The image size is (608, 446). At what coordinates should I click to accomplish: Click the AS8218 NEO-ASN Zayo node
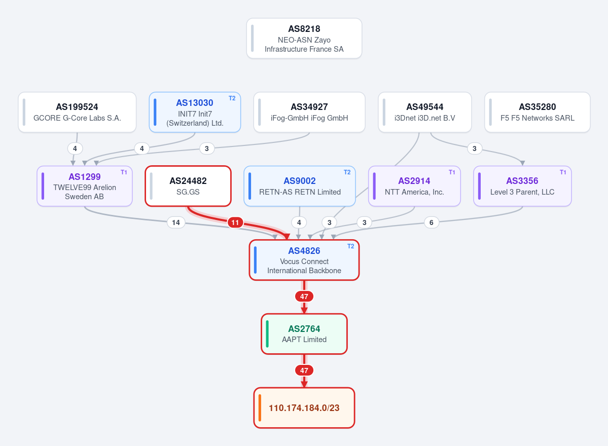(x=304, y=39)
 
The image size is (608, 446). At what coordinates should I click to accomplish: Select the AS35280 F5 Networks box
(x=537, y=113)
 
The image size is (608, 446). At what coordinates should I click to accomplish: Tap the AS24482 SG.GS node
(x=188, y=187)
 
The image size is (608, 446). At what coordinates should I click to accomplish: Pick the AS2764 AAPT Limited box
(x=304, y=334)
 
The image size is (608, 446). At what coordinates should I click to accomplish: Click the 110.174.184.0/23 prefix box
(x=304, y=408)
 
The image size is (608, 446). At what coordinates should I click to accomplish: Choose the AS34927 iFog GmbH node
(x=309, y=113)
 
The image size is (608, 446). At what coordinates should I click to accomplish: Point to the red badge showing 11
(x=235, y=222)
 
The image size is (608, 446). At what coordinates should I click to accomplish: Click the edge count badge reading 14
(x=175, y=222)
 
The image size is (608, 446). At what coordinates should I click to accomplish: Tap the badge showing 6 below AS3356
(x=431, y=222)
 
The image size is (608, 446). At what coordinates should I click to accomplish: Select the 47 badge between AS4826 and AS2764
(x=304, y=296)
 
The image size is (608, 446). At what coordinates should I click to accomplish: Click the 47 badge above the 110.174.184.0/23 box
(x=304, y=370)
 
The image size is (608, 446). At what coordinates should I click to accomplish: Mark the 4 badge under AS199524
(x=75, y=148)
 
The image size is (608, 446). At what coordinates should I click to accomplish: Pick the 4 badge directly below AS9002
(x=299, y=222)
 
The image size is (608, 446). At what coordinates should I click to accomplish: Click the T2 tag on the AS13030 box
(x=232, y=98)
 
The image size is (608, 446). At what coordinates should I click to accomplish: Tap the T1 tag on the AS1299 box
(x=124, y=172)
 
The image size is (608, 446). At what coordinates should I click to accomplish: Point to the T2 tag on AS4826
(x=350, y=246)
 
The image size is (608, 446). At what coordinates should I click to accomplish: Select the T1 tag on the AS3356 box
(x=563, y=172)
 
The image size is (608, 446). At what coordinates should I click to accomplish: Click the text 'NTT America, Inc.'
(x=414, y=192)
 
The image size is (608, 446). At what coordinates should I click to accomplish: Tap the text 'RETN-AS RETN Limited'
(x=300, y=192)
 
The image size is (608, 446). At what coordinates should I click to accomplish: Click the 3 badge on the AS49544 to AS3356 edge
(x=474, y=148)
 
